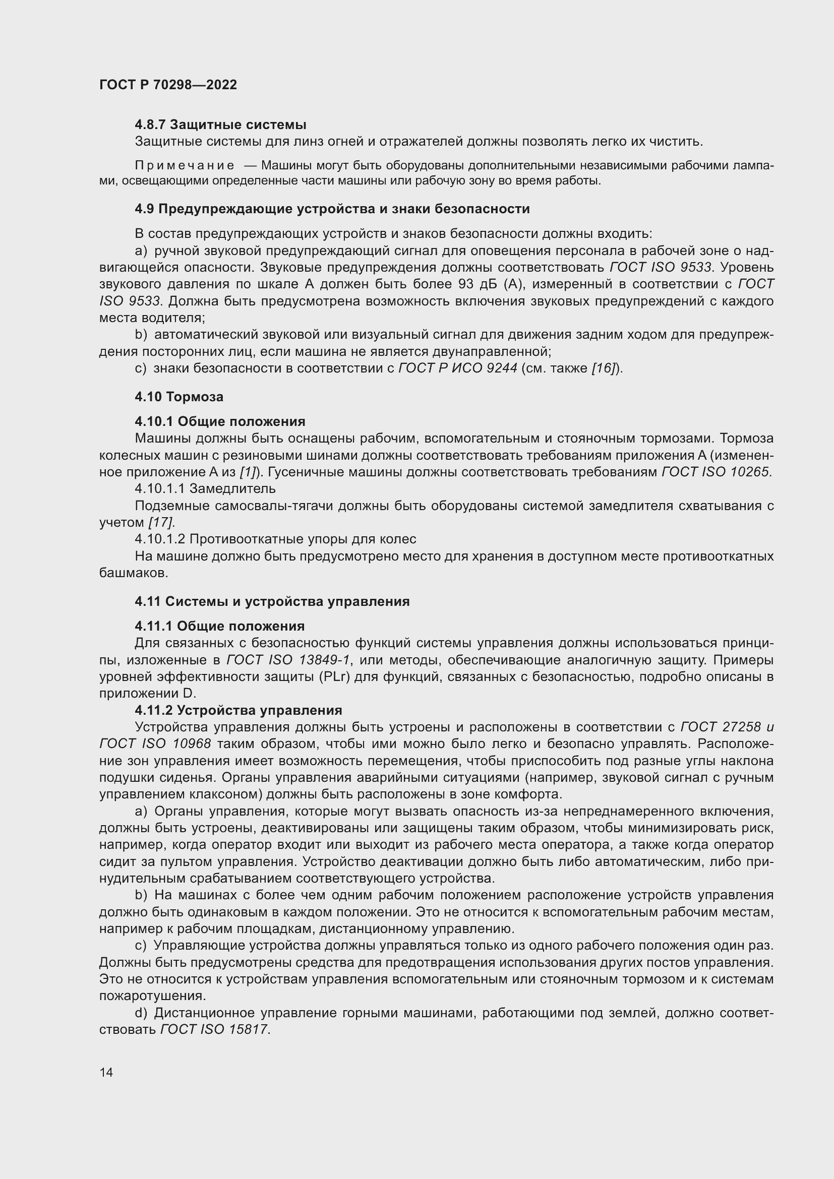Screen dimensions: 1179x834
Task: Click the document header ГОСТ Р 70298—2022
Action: click(168, 85)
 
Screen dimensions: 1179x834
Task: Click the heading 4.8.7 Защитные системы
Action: click(220, 125)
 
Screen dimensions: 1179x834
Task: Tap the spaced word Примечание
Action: click(185, 165)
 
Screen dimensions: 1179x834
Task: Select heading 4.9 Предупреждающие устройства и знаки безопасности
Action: click(332, 209)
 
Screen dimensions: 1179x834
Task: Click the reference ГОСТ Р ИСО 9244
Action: click(457, 368)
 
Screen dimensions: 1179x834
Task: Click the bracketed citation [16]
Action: click(604, 368)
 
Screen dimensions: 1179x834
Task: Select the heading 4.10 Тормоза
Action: click(178, 396)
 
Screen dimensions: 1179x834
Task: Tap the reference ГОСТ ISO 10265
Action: click(716, 472)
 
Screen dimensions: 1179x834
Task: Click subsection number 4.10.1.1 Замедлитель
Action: click(205, 488)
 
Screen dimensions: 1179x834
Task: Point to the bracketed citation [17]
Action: click(161, 522)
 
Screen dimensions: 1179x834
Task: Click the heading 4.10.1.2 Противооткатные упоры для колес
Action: click(275, 539)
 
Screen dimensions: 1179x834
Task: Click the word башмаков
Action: click(134, 573)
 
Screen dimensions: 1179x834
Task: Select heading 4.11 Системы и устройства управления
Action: click(272, 601)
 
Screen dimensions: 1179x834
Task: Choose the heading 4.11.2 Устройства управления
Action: click(239, 710)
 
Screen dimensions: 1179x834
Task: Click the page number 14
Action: click(106, 1072)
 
